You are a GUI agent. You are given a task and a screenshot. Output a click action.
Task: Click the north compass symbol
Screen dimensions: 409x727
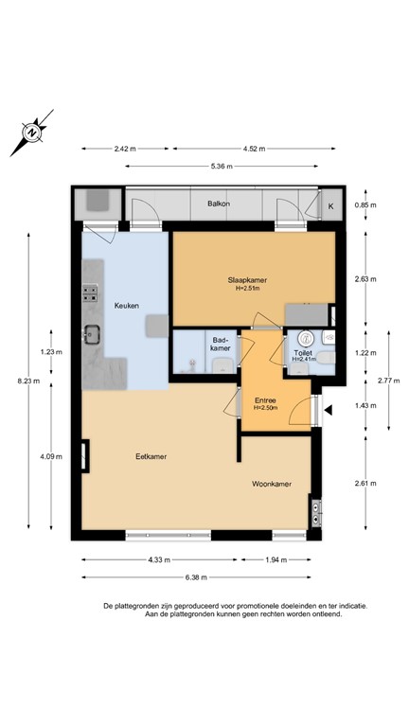(x=31, y=133)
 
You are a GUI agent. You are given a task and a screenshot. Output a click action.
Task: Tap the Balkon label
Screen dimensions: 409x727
(x=219, y=204)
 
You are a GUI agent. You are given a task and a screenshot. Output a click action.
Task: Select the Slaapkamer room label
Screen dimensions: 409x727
(x=247, y=280)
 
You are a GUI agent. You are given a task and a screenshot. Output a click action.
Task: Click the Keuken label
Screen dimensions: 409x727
(x=127, y=306)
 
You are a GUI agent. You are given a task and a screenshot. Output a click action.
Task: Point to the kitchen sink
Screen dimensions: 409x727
(x=92, y=334)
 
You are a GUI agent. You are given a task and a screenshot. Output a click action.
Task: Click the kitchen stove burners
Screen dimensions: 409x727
(x=90, y=293)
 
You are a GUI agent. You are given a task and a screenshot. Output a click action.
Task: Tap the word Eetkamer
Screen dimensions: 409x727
(x=151, y=456)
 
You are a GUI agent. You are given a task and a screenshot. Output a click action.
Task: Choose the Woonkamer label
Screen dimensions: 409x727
(x=272, y=484)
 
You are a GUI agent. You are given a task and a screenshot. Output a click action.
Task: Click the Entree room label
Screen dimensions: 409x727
(x=265, y=400)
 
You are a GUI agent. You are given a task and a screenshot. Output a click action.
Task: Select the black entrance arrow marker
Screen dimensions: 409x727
(x=329, y=410)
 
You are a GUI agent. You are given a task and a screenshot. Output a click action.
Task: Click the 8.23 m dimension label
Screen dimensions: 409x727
(x=28, y=381)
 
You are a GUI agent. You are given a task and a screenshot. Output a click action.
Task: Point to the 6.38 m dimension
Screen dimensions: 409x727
(x=196, y=577)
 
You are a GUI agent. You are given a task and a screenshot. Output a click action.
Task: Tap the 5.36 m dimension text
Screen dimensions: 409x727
(x=222, y=167)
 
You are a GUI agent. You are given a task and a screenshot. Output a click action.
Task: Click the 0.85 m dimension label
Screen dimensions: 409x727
(x=365, y=204)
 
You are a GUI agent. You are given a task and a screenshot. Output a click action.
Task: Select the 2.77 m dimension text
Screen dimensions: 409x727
(x=388, y=381)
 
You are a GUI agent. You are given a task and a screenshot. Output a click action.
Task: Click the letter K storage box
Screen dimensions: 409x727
(x=331, y=206)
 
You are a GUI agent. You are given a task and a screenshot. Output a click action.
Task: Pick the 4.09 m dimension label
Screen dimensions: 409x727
(x=51, y=456)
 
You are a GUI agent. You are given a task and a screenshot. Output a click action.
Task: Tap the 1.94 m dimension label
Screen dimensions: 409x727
(x=276, y=559)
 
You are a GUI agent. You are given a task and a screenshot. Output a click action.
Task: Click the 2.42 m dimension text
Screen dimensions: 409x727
(x=125, y=149)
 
